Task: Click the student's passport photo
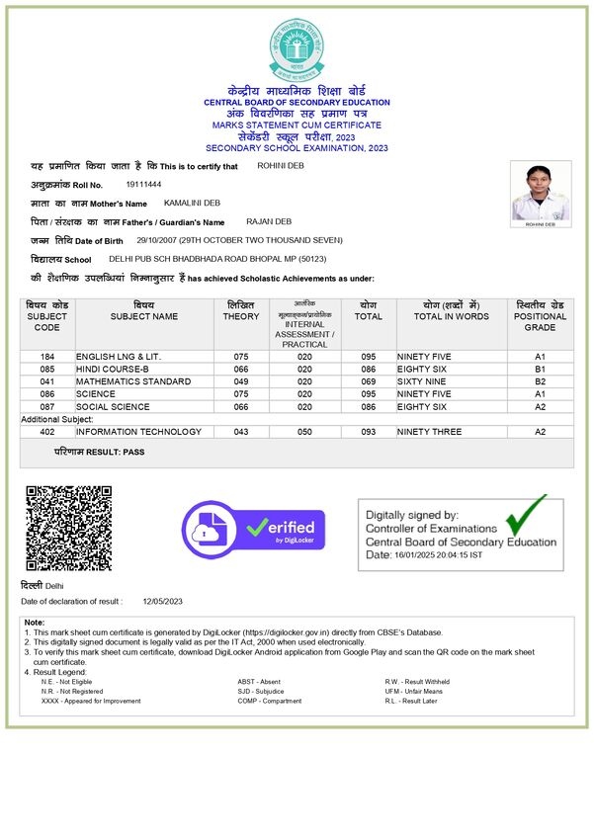pyautogui.click(x=540, y=194)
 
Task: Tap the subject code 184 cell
pyautogui.click(x=47, y=356)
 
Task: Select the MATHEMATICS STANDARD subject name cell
pyautogui.click(x=133, y=380)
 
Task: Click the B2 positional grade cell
pyautogui.click(x=541, y=380)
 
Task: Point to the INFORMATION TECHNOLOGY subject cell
pyautogui.click(x=138, y=432)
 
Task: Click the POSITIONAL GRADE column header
pyautogui.click(x=541, y=316)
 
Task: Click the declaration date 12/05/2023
pyautogui.click(x=163, y=601)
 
